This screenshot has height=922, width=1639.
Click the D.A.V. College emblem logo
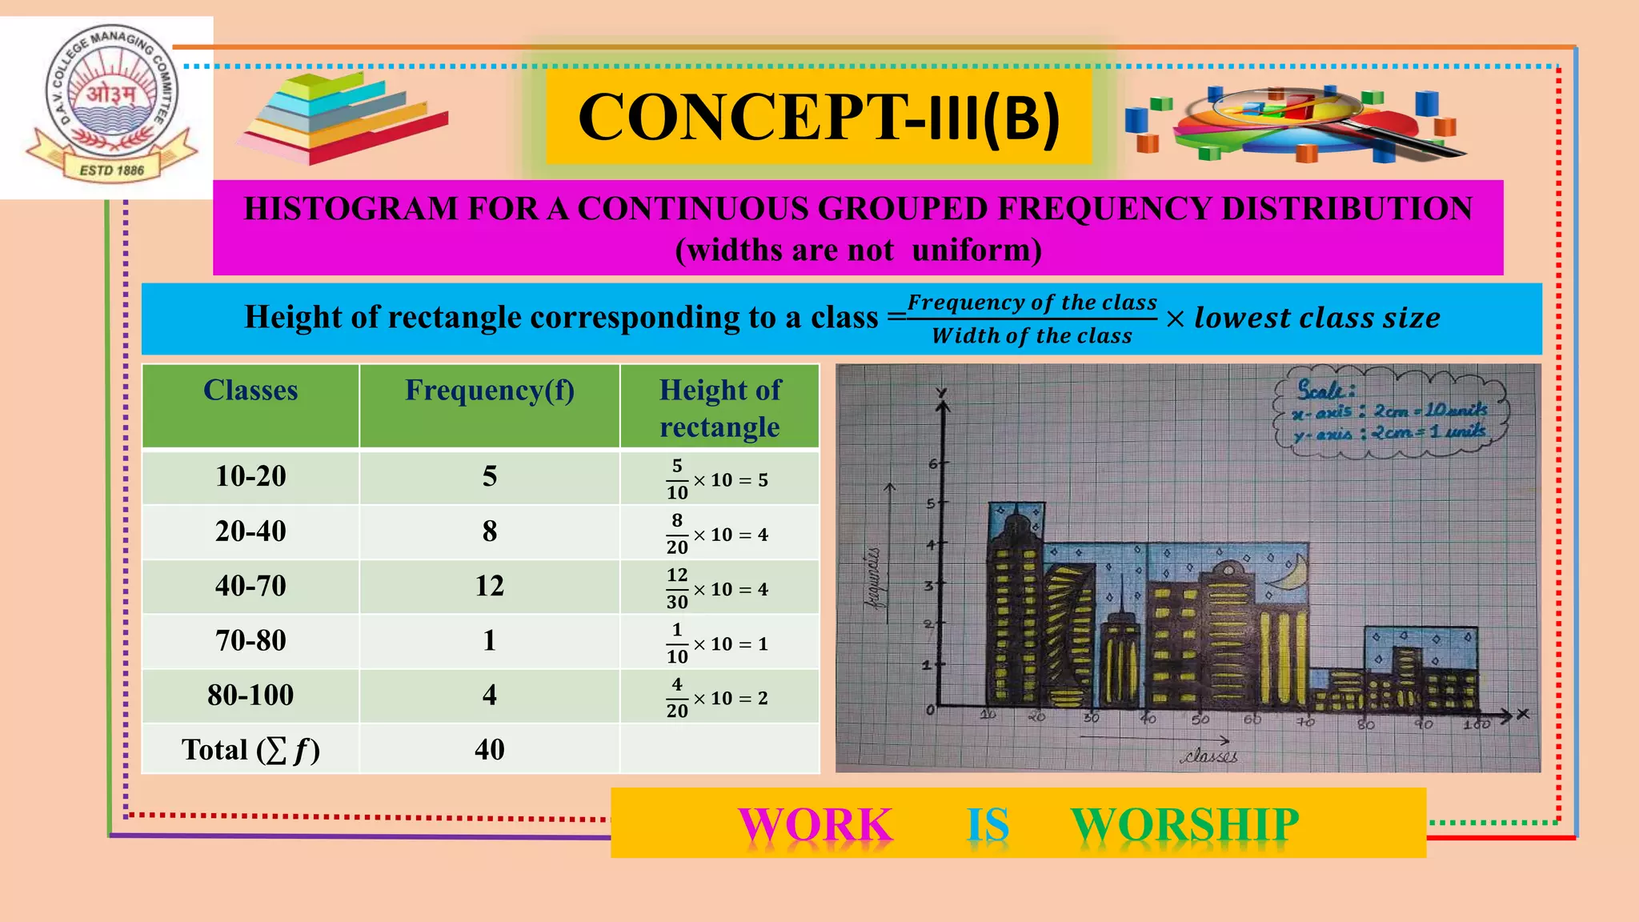coord(111,104)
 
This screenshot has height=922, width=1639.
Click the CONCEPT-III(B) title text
coord(819,118)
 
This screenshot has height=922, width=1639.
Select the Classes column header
coord(250,391)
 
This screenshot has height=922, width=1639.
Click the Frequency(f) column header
coord(489,391)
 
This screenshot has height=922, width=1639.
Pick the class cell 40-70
coord(250,586)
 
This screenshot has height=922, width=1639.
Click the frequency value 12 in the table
coord(489,586)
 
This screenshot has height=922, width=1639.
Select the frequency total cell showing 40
coord(489,750)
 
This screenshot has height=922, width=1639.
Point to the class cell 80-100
coord(250,695)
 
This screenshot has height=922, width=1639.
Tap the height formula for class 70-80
coord(718,643)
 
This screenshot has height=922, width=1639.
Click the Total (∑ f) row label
coord(250,750)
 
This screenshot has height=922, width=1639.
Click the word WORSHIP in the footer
coord(1184,824)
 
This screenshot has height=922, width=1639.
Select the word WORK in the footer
coord(815,824)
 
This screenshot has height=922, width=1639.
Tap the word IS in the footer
coord(988,824)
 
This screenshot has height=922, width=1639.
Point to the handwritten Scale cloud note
coord(1391,413)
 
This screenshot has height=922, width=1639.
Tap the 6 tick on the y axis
coord(933,464)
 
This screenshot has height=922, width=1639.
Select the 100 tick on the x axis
coord(1477,724)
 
